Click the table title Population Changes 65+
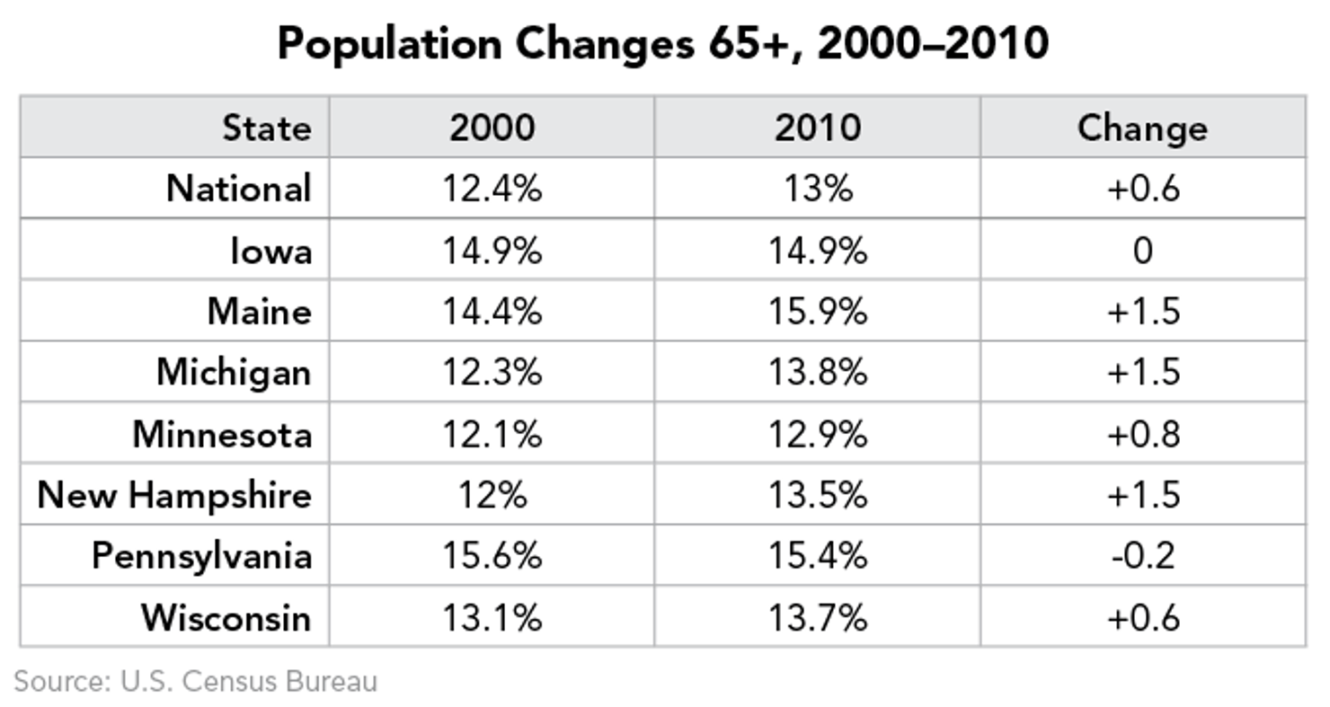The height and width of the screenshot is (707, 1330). [662, 43]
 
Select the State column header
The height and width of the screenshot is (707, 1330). [266, 128]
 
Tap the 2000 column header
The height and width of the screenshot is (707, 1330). [492, 128]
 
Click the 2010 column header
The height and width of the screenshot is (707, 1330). [817, 128]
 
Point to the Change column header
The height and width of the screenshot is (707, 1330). [1142, 128]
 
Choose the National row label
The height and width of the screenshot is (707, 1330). [238, 189]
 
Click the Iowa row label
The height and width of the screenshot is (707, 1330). [270, 251]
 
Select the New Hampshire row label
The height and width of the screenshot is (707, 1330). [174, 495]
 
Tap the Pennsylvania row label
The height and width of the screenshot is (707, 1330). [201, 556]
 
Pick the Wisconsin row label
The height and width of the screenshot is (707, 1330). [226, 618]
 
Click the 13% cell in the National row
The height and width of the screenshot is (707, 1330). [817, 189]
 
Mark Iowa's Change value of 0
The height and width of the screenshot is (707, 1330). [1142, 251]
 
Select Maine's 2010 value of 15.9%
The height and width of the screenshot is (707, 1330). [817, 312]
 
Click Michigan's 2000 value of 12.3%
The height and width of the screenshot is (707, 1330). [492, 372]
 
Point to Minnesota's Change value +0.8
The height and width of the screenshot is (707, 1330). [1142, 434]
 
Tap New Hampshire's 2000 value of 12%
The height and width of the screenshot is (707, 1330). [492, 495]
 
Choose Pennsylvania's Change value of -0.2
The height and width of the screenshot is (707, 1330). [1142, 556]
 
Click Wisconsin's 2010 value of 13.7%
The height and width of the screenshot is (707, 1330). [817, 618]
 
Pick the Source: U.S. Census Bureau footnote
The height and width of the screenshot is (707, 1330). [196, 681]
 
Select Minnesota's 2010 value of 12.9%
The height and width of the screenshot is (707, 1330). [817, 434]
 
